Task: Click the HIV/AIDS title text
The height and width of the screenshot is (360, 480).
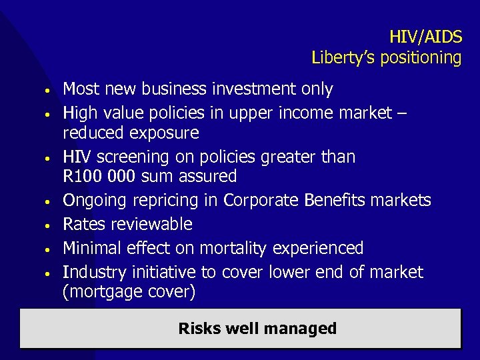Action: pyautogui.click(x=425, y=36)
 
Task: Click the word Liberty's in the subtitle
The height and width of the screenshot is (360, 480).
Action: pyautogui.click(x=340, y=58)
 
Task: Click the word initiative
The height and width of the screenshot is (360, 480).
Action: pyautogui.click(x=160, y=272)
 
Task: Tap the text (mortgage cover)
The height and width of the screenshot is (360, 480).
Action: pyautogui.click(x=129, y=292)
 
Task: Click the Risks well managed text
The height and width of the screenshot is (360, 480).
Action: pyautogui.click(x=257, y=328)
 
